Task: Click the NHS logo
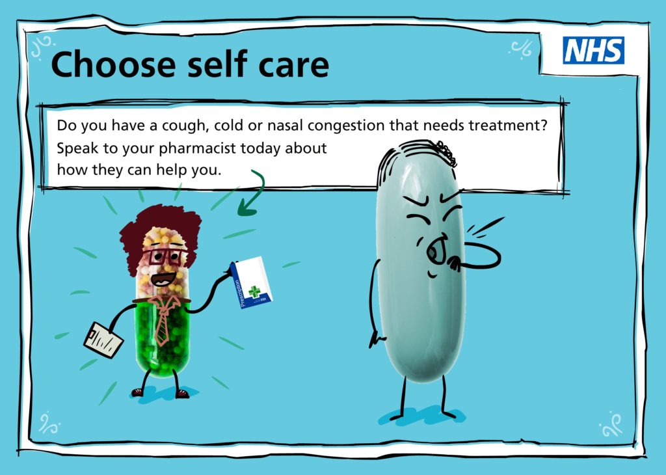coord(593,50)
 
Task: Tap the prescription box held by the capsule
coord(251,283)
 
